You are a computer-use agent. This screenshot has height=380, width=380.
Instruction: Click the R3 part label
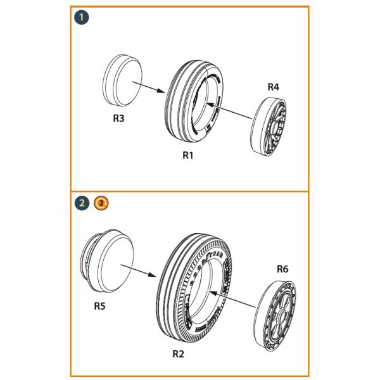coord(118,118)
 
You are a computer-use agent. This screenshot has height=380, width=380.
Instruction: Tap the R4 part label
coord(272,87)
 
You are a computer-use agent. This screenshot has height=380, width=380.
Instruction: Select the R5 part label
coord(99,306)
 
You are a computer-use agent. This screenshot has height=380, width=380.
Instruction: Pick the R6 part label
coord(282,269)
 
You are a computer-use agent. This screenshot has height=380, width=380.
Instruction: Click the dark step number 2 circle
coord(82,203)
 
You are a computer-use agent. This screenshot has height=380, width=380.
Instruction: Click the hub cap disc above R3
coord(122,80)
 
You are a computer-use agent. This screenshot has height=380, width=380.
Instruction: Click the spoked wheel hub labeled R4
coord(271,124)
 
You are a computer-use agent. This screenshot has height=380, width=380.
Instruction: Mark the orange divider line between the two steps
coord(190,191)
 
